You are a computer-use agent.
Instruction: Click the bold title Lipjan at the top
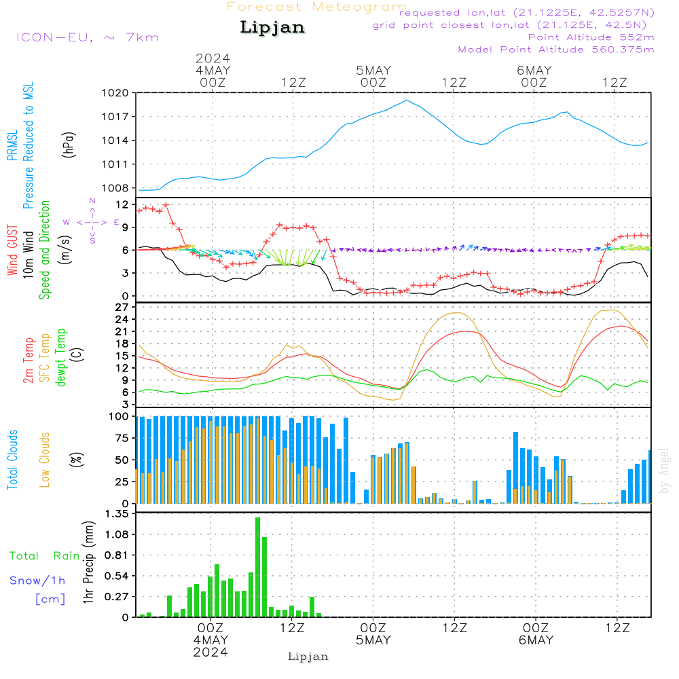(272, 27)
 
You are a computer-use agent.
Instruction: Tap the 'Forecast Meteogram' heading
(316, 7)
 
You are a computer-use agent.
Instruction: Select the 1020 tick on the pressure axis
(115, 93)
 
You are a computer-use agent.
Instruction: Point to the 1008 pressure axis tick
(115, 188)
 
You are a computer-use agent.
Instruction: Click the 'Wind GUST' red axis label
(12, 251)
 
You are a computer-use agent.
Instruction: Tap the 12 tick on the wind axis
(122, 204)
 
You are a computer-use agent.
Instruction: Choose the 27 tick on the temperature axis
(122, 307)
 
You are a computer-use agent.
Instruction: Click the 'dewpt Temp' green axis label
(61, 359)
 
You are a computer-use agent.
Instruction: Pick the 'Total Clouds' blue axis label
(12, 460)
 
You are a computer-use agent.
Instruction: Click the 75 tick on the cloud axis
(122, 438)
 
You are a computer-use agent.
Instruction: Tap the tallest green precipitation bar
(258, 567)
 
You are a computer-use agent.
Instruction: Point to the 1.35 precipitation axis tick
(116, 514)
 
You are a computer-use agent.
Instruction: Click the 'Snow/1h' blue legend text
(37, 581)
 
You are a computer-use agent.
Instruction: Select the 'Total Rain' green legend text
(44, 555)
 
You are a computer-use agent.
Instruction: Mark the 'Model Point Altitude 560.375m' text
(556, 50)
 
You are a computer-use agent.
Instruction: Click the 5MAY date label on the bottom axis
(373, 640)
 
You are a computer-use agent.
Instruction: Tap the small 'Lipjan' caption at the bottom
(308, 657)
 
